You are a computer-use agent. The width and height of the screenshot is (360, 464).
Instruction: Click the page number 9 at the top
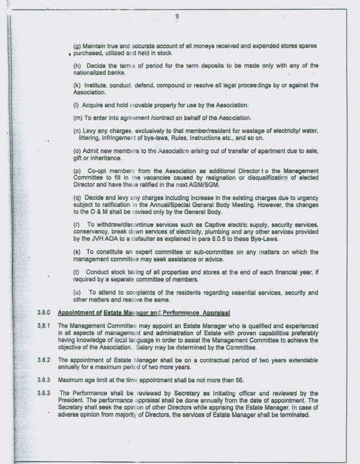[177, 16]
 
